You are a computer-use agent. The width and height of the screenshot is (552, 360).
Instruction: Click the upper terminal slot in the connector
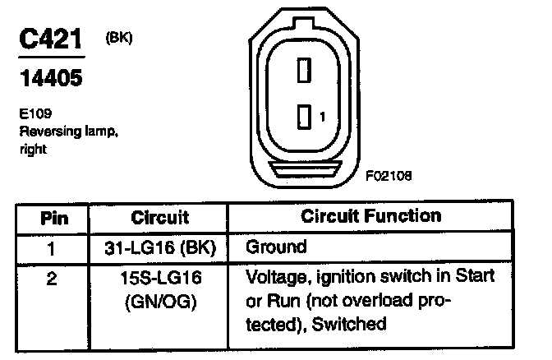pos(302,71)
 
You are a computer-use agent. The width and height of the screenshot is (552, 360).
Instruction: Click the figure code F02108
pos(389,175)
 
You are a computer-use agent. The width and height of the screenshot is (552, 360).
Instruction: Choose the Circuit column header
pos(160,219)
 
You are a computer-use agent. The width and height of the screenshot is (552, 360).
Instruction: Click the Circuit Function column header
pos(371,217)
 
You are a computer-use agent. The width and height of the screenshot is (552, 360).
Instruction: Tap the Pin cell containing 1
pos(53,247)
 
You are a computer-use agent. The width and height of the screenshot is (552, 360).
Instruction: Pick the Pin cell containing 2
pos(53,279)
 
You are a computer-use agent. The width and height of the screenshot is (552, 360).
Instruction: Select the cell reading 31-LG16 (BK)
pos(161,247)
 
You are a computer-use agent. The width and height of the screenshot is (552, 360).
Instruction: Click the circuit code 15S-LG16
pos(160,279)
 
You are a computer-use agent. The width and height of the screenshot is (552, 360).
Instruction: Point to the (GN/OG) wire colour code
pos(161,302)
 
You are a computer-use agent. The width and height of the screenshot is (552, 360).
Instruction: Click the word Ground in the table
pos(276,247)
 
